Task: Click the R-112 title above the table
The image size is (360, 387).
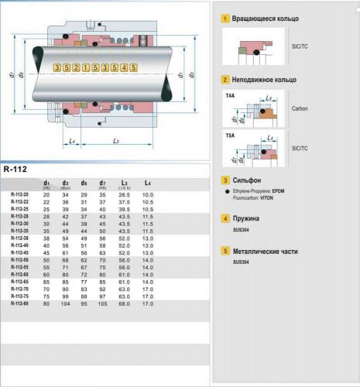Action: [x=17, y=166]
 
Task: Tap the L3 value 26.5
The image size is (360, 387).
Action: [x=124, y=194]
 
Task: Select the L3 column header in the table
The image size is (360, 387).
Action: [x=124, y=183]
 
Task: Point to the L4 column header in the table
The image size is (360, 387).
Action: [x=147, y=183]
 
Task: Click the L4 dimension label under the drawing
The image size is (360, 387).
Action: [x=71, y=141]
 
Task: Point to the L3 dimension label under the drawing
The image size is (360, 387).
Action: [x=115, y=141]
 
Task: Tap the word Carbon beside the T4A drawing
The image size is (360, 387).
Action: [x=300, y=109]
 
